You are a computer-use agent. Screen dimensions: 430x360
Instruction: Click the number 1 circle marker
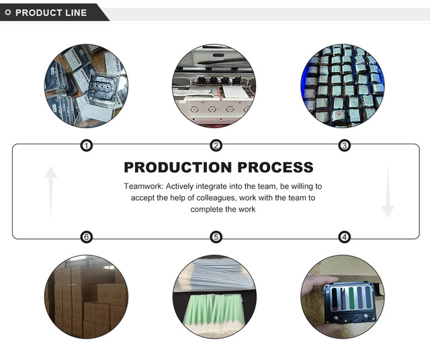86,145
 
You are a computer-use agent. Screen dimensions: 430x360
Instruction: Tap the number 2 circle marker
216,145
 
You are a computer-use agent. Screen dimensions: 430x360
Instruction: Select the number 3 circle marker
345,145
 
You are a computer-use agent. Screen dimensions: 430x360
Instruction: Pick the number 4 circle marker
345,237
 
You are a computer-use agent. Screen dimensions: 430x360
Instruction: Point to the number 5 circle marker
216,237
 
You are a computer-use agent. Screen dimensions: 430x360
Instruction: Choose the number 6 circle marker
86,237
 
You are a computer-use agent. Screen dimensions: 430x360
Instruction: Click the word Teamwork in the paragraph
143,186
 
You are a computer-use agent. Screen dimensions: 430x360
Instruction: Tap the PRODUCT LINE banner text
51,12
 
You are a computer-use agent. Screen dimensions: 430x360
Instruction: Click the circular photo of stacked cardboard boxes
86,296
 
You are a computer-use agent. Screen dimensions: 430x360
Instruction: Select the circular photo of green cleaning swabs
215,296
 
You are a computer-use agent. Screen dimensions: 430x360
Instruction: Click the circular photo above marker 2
215,85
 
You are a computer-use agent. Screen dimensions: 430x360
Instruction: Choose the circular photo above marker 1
86,85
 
